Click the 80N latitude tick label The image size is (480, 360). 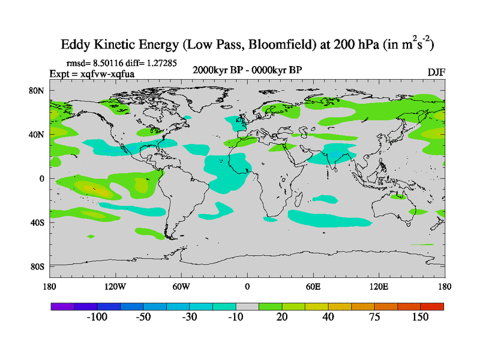39,91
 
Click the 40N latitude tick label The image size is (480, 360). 39,134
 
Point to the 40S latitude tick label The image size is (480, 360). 39,223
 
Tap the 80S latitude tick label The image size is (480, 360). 39,266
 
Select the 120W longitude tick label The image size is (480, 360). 115,286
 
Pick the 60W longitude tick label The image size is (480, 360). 181,286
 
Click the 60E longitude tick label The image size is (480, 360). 313,286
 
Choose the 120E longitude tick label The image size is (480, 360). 379,286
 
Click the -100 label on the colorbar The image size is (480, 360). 97,317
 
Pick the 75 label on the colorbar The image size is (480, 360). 374,317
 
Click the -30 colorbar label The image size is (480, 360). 190,317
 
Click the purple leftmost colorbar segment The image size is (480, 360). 62,306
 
